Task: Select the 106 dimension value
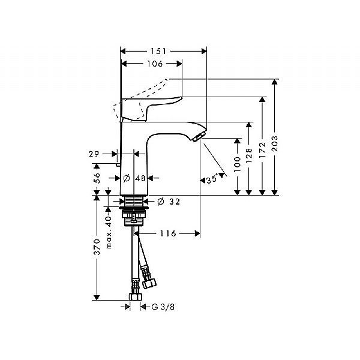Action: [x=151, y=64]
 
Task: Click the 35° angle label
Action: [x=212, y=179]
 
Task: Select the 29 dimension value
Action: [x=94, y=154]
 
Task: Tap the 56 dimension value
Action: [x=96, y=178]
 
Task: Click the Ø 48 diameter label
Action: [x=135, y=178]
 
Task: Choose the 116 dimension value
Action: [x=168, y=233]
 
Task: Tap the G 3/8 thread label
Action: [x=161, y=307]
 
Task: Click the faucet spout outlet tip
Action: [x=196, y=137]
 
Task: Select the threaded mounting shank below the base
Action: [x=134, y=214]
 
